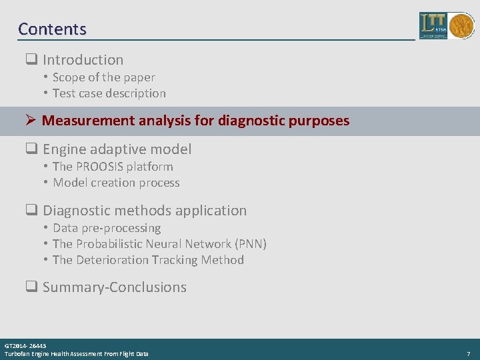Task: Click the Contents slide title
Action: (x=52, y=29)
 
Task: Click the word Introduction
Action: (x=83, y=60)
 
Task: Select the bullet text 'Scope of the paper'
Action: (x=103, y=77)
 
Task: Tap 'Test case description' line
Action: (x=109, y=93)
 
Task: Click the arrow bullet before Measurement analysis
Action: (x=29, y=121)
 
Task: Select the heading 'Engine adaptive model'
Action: (x=117, y=149)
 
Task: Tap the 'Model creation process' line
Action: (x=116, y=183)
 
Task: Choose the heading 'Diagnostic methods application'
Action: (x=144, y=211)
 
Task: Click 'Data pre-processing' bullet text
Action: (x=107, y=228)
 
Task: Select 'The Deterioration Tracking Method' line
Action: (x=148, y=260)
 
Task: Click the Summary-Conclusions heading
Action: (x=114, y=287)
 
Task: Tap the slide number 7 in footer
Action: (x=469, y=353)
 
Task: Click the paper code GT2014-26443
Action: (x=25, y=346)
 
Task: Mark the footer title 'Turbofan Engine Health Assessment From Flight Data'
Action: (x=77, y=354)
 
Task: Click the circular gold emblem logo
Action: (x=461, y=26)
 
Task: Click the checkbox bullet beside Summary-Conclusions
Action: (x=30, y=287)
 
